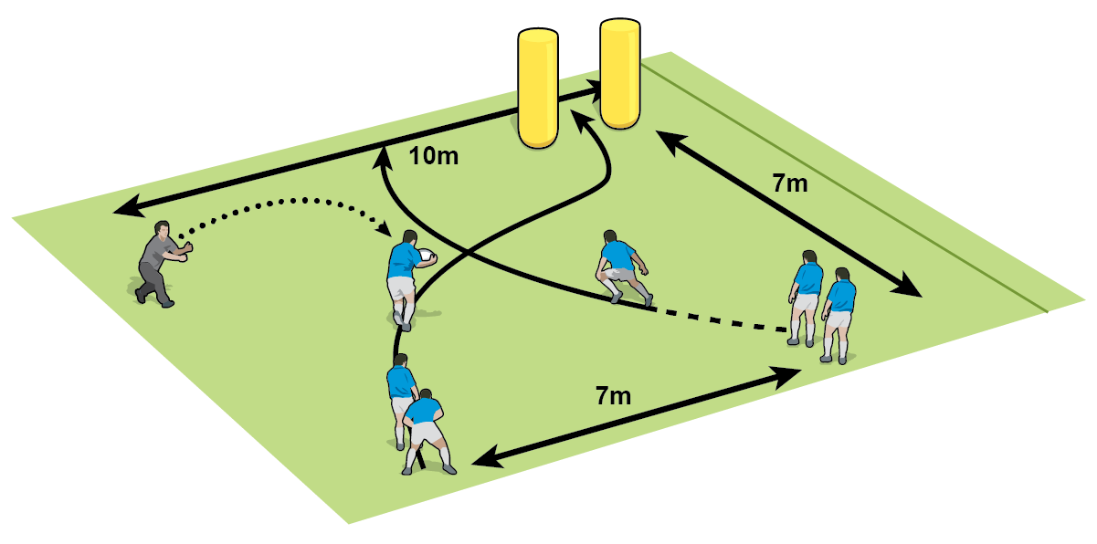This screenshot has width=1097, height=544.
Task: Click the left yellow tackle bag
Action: pyautogui.click(x=537, y=88)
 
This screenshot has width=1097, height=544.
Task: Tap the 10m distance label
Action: pyautogui.click(x=433, y=155)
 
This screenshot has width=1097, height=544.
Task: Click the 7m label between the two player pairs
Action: pyautogui.click(x=613, y=396)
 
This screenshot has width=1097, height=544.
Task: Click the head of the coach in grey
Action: pyautogui.click(x=163, y=229)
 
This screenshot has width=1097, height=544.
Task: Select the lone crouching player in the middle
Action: pyautogui.click(x=622, y=267)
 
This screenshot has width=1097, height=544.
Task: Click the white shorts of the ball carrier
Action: pyautogui.click(x=402, y=288)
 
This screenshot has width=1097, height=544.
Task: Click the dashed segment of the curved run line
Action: pyautogui.click(x=722, y=320)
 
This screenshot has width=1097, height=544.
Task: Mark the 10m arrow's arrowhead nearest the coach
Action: pyautogui.click(x=123, y=211)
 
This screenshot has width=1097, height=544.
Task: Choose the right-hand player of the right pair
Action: pyautogui.click(x=839, y=314)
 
